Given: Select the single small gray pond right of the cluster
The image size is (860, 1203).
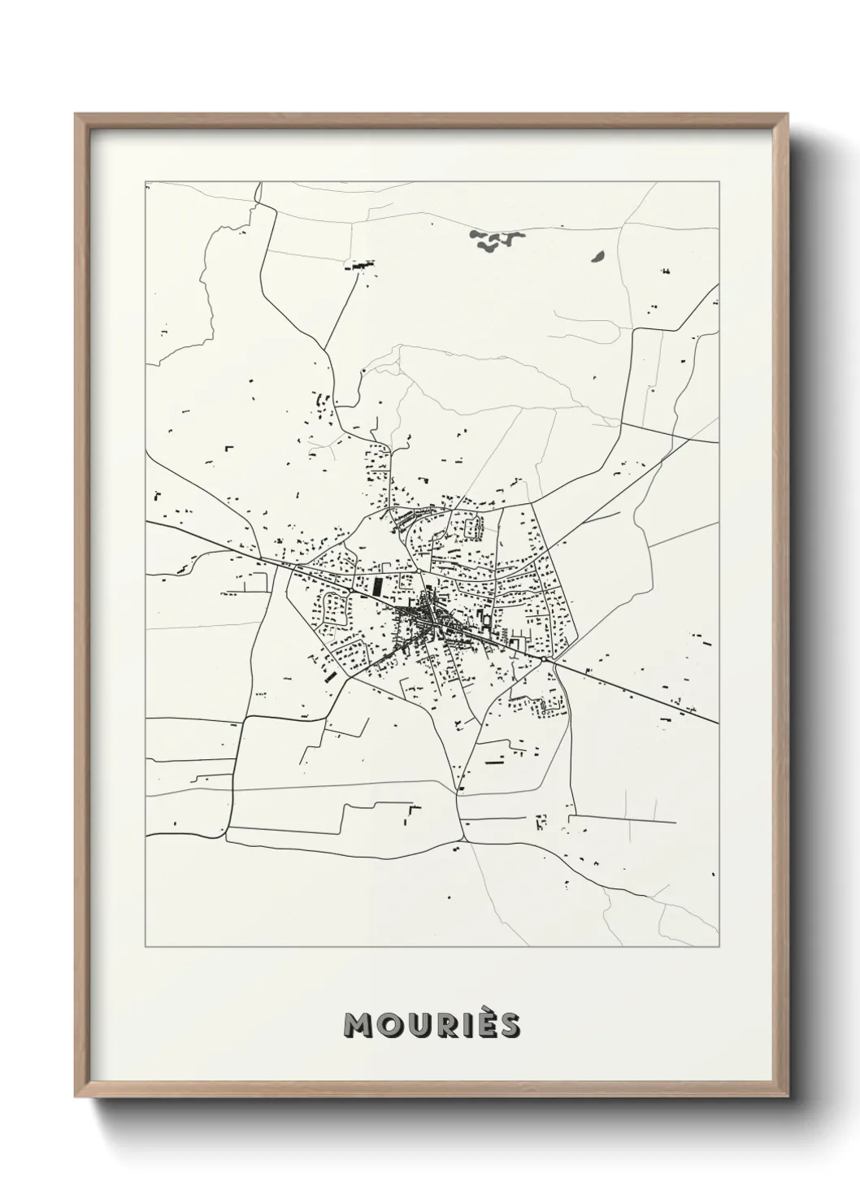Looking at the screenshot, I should click(x=597, y=256).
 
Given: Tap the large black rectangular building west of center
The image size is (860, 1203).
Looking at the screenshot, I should click(x=376, y=584).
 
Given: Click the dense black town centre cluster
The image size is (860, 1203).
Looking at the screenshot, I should click(x=428, y=618).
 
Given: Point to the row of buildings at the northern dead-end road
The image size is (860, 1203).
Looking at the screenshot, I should click(x=359, y=264).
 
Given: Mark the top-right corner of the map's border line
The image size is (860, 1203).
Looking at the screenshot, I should click(x=719, y=182).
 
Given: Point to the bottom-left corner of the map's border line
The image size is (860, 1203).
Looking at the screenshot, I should click(x=146, y=947).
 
